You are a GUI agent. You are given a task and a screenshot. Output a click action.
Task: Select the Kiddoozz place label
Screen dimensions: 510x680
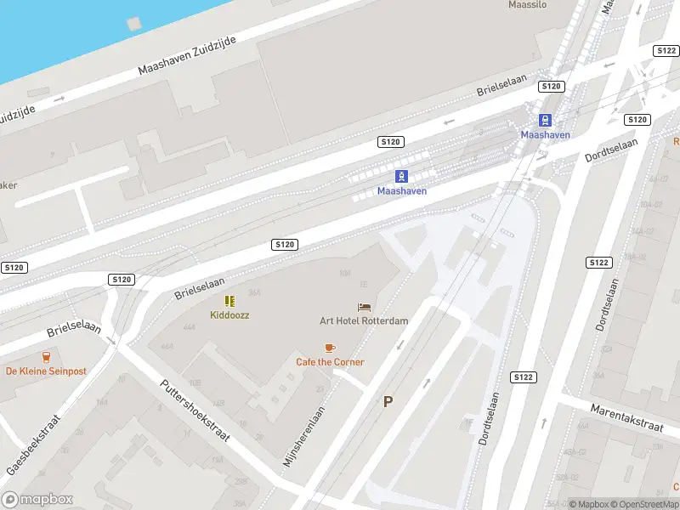tap(229, 314)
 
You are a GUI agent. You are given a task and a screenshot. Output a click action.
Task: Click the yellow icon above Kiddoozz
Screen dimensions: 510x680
tap(229, 301)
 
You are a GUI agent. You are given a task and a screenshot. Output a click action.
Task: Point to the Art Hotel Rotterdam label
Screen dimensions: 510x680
tap(364, 320)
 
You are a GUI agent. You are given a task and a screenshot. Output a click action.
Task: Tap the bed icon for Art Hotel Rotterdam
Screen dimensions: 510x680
tap(364, 307)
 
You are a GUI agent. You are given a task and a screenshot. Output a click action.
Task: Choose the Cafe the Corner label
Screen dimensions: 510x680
tap(330, 362)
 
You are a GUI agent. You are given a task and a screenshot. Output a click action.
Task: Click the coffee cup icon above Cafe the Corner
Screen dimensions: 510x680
tap(330, 348)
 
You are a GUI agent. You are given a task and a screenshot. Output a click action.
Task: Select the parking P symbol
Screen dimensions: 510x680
tap(388, 402)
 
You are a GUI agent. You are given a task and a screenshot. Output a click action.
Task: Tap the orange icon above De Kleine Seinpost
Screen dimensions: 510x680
tap(46, 356)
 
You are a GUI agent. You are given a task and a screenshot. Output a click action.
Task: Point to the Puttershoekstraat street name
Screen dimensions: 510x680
tap(195, 410)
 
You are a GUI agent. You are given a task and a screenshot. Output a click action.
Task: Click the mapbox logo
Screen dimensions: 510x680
tap(37, 500)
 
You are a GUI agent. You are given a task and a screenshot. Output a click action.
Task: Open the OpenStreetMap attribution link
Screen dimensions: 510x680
tap(644, 504)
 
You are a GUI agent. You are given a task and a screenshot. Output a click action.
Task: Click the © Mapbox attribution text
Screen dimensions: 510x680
tap(590, 504)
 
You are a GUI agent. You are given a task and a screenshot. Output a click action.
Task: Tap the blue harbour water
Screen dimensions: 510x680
tap(51, 34)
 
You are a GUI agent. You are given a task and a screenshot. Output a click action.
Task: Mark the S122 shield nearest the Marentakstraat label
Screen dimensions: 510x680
tap(523, 377)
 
